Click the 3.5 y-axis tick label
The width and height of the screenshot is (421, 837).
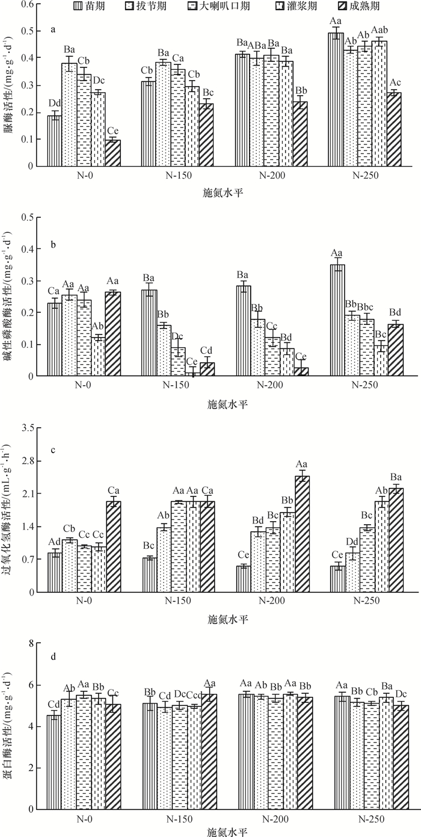pos(25,428)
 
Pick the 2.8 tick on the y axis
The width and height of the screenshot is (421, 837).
pos(25,461)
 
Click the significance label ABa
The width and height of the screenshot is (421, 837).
pos(257,45)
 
